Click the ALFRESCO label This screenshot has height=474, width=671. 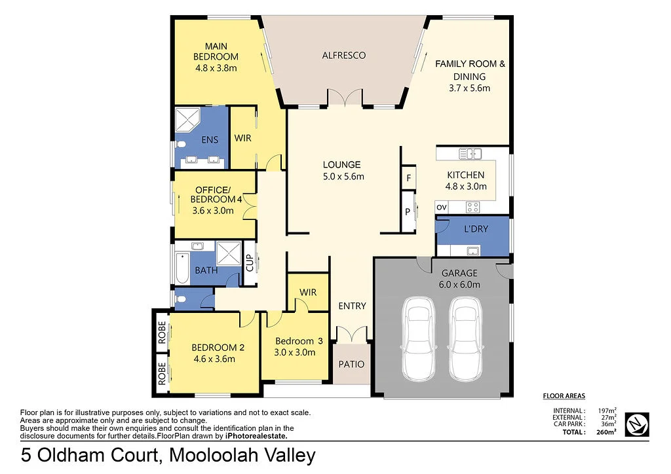343,55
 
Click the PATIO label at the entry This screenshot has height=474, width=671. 351,365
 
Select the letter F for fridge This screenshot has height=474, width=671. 408,177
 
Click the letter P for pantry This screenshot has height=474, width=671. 407,211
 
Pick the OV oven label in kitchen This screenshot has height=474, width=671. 441,208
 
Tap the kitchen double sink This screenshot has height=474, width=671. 470,154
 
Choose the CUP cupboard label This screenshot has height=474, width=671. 249,264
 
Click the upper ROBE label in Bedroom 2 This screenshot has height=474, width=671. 161,333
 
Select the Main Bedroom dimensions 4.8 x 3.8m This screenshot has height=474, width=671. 216,67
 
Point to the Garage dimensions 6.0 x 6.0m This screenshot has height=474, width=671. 460,284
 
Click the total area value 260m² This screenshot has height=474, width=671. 606,432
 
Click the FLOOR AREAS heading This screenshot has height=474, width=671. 564,395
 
